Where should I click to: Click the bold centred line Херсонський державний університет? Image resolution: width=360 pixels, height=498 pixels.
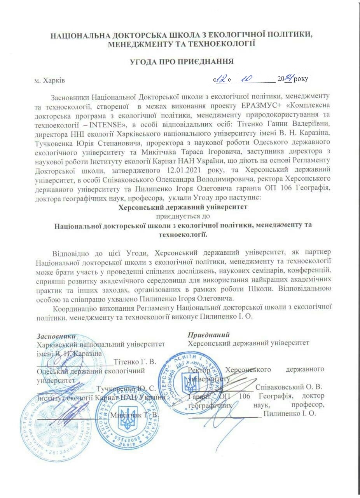(x=183, y=207)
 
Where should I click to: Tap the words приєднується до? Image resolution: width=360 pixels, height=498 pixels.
(x=183, y=216)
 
